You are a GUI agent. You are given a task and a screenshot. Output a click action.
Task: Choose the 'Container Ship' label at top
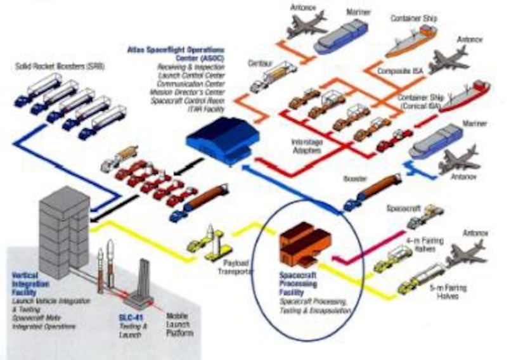413,19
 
